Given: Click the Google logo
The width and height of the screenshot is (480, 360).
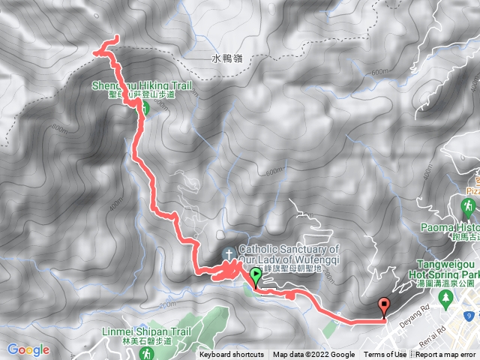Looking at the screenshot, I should tap(28, 349).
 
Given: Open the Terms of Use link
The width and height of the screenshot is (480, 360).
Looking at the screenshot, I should tap(385, 355).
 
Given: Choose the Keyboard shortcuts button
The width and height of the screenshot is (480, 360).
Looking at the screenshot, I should tap(232, 355).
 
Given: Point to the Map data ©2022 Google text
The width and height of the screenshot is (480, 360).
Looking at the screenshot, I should tap(313, 355).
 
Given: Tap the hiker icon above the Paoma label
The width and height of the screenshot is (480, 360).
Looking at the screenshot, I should tap(467, 206).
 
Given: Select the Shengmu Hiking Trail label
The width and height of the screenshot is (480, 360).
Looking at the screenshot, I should tap(141, 86).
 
